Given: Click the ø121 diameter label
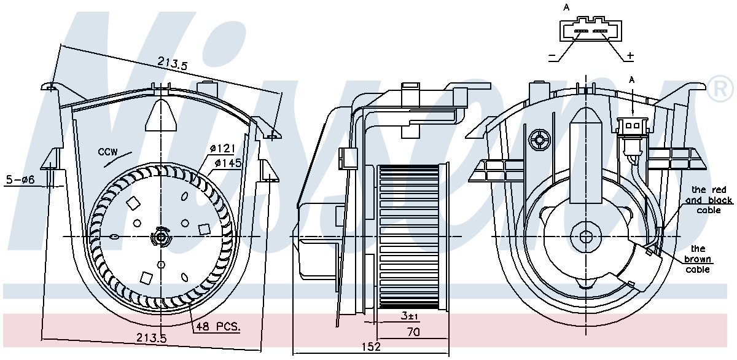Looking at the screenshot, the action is click(x=222, y=149).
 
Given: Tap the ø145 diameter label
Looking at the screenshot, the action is click(x=228, y=163).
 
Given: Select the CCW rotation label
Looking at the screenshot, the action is click(x=107, y=152).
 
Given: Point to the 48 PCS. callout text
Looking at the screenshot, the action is click(x=218, y=326).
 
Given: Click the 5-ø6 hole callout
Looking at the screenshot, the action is click(x=20, y=179).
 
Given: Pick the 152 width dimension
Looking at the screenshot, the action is click(x=371, y=346).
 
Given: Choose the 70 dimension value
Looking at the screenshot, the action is click(x=413, y=332).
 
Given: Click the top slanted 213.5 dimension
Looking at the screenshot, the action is click(x=172, y=63).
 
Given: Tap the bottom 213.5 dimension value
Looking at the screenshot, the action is click(x=152, y=338).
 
